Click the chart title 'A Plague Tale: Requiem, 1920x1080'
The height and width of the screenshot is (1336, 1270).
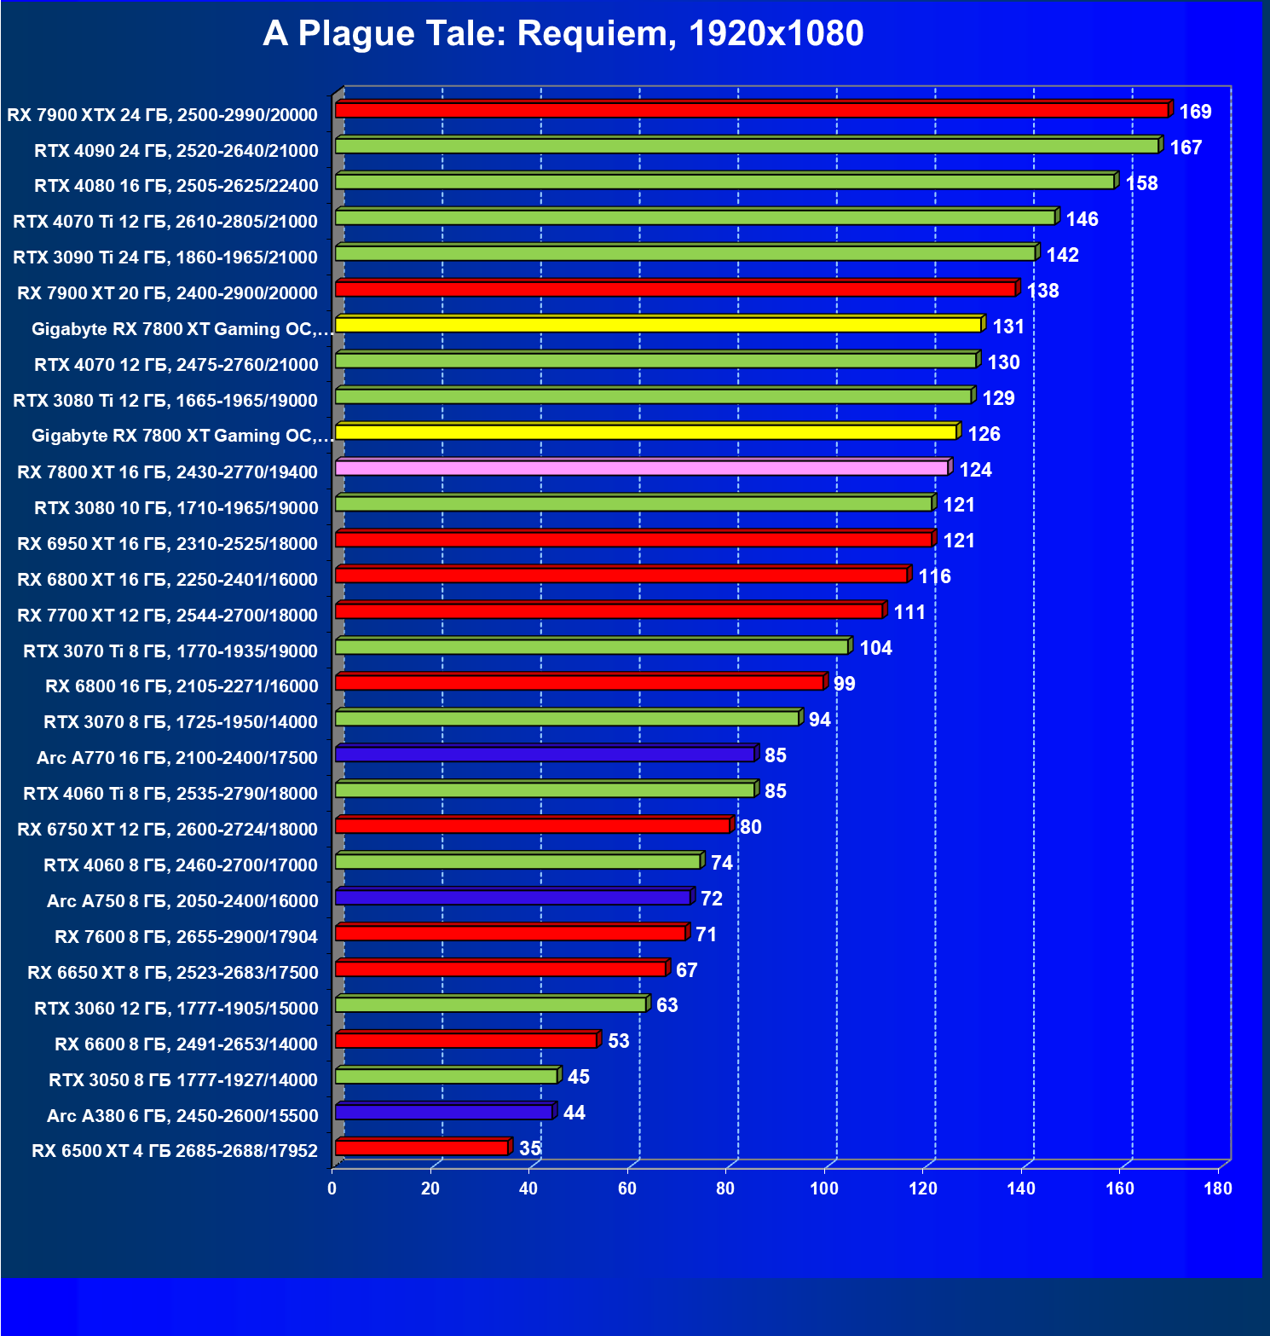click(x=563, y=34)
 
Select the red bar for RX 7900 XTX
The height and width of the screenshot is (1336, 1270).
click(x=751, y=110)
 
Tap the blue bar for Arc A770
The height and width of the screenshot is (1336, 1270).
click(x=545, y=755)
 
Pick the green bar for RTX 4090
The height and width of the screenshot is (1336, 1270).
click(x=747, y=146)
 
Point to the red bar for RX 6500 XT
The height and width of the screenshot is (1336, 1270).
click(x=422, y=1148)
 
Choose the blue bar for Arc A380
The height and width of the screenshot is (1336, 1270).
click(x=443, y=1112)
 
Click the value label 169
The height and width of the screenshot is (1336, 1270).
click(x=1195, y=112)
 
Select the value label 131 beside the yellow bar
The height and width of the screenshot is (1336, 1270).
click(x=1008, y=327)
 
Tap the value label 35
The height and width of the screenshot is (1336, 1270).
click(x=530, y=1148)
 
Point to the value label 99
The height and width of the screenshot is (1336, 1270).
click(x=844, y=684)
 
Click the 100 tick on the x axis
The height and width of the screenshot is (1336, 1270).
click(x=824, y=1189)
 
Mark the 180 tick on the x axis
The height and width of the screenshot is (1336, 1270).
click(x=1218, y=1189)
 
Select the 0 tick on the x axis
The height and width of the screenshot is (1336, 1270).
click(x=332, y=1189)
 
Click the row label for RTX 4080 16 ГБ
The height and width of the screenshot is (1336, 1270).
click(x=176, y=186)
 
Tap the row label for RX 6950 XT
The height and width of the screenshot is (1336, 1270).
click(x=167, y=544)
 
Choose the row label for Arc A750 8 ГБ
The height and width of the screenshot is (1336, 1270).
click(x=182, y=901)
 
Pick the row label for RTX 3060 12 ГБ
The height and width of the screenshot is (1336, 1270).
click(x=176, y=1009)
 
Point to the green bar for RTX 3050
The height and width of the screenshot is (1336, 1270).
click(x=447, y=1076)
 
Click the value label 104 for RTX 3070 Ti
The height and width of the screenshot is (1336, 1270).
click(x=875, y=648)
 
